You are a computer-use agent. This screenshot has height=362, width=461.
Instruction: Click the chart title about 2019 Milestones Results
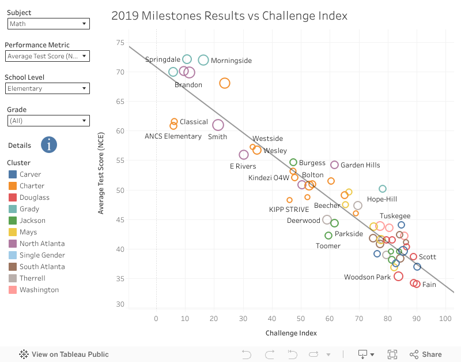pos(229,16)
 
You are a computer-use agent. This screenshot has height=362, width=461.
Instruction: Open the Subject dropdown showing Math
pos(48,24)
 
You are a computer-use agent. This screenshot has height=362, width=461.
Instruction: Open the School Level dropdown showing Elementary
pos(48,88)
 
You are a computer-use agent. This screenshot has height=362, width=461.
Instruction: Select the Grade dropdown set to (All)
pos(48,121)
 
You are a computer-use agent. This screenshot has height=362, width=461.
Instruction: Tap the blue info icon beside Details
pos(49,144)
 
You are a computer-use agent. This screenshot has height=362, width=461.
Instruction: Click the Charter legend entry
pos(32,186)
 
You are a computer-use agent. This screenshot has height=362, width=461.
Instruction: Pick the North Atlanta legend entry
pos(41,244)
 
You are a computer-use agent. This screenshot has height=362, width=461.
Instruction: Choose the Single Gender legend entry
pos(42,255)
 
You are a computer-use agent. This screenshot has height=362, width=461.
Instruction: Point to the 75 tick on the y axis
pos(120,43)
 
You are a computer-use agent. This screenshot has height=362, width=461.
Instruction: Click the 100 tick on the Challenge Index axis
pos(445,318)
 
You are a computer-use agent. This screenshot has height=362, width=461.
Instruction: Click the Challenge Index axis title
pos(291,333)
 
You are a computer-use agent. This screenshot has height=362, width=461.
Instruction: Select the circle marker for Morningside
pos(203,60)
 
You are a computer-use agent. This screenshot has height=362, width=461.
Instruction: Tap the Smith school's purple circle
pos(218,125)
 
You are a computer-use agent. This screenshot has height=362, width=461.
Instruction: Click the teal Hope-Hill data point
pos(383,189)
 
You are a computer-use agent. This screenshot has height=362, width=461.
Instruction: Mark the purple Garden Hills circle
pos(334,165)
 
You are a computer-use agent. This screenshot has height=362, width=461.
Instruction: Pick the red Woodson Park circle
pos(398,277)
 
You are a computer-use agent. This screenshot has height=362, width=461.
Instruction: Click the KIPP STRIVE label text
pos(289,209)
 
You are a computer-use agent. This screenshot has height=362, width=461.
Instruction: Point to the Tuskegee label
pos(395,216)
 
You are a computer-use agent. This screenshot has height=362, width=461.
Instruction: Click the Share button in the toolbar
pos(426,354)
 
